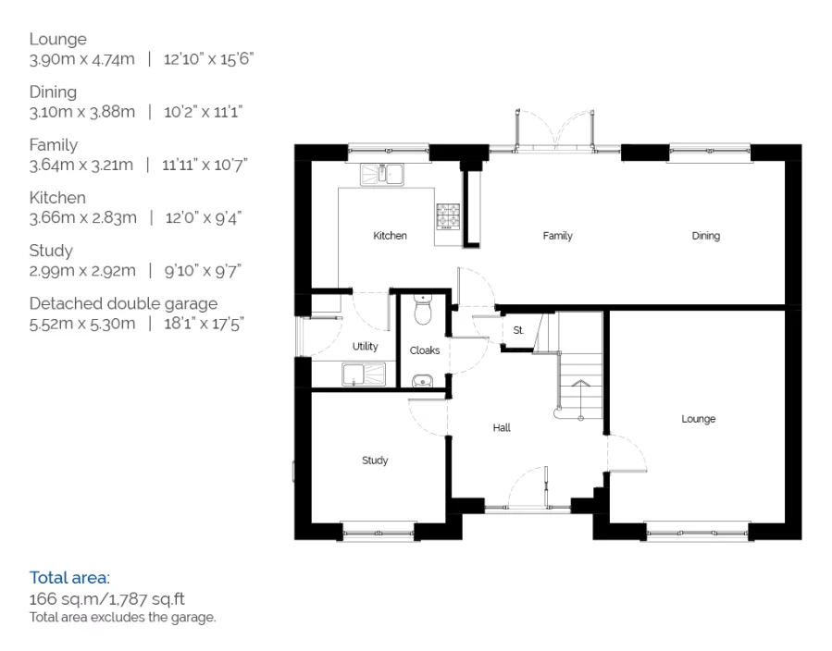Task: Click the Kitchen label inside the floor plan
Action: click(390, 236)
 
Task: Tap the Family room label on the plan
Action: click(558, 236)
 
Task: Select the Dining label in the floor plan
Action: click(706, 236)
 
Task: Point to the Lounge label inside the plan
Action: click(699, 419)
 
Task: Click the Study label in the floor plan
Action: click(375, 461)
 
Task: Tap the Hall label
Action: click(502, 427)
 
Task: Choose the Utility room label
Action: click(365, 346)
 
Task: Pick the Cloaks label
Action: click(425, 350)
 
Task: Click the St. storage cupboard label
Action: click(518, 330)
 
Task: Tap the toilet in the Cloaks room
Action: click(423, 310)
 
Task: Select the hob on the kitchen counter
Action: click(448, 216)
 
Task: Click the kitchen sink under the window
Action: click(382, 175)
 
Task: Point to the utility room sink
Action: click(364, 375)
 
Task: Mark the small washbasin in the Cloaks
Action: click(422, 381)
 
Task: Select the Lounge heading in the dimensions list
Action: click(57, 39)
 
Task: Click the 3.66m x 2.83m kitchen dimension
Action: click(82, 217)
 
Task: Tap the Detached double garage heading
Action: click(123, 303)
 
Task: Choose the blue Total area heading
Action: click(69, 577)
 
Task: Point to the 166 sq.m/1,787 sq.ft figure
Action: click(106, 599)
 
